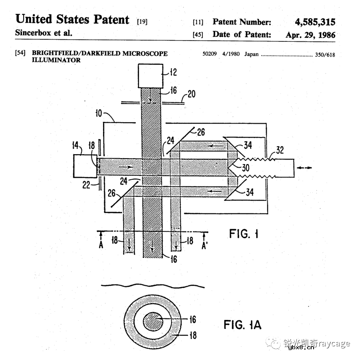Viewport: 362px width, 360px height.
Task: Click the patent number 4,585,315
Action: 315,22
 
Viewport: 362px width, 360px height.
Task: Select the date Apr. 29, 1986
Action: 310,35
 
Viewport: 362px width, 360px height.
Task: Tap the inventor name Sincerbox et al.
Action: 43,33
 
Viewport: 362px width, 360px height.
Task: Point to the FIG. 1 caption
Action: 244,234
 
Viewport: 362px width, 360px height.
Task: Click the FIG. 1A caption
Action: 242,325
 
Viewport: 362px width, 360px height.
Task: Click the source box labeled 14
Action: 85,166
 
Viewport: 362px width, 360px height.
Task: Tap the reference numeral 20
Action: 192,94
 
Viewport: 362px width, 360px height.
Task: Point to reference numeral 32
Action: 280,150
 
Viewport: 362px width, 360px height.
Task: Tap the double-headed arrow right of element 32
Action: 305,167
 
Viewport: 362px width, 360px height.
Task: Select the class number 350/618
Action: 326,54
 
